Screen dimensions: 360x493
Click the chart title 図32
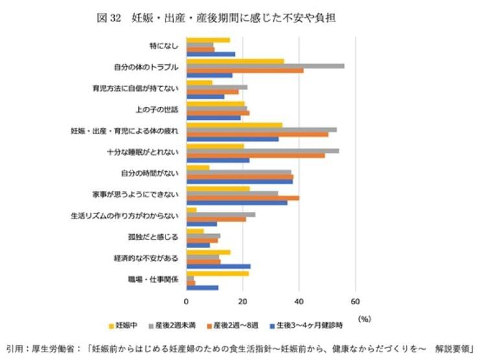click(108, 18)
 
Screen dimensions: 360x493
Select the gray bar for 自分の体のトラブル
click(265, 66)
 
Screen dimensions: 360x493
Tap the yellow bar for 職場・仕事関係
click(217, 273)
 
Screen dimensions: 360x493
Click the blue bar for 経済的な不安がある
click(218, 266)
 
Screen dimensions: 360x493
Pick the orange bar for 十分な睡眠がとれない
click(255, 156)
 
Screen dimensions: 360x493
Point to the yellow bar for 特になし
click(208, 40)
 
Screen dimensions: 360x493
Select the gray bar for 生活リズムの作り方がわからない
click(221, 214)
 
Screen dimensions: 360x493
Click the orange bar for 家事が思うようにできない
click(243, 198)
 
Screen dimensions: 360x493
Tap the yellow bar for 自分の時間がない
click(198, 167)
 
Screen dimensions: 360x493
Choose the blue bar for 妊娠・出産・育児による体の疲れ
click(232, 139)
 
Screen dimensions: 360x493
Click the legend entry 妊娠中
click(126, 324)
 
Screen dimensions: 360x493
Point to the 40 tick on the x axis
click(298, 302)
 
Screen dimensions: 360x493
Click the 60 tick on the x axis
click(355, 302)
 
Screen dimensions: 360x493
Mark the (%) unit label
click(365, 318)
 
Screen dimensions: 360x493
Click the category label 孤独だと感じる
click(158, 237)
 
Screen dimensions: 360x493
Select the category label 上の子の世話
click(156, 109)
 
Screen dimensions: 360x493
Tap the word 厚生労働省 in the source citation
click(58, 347)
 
